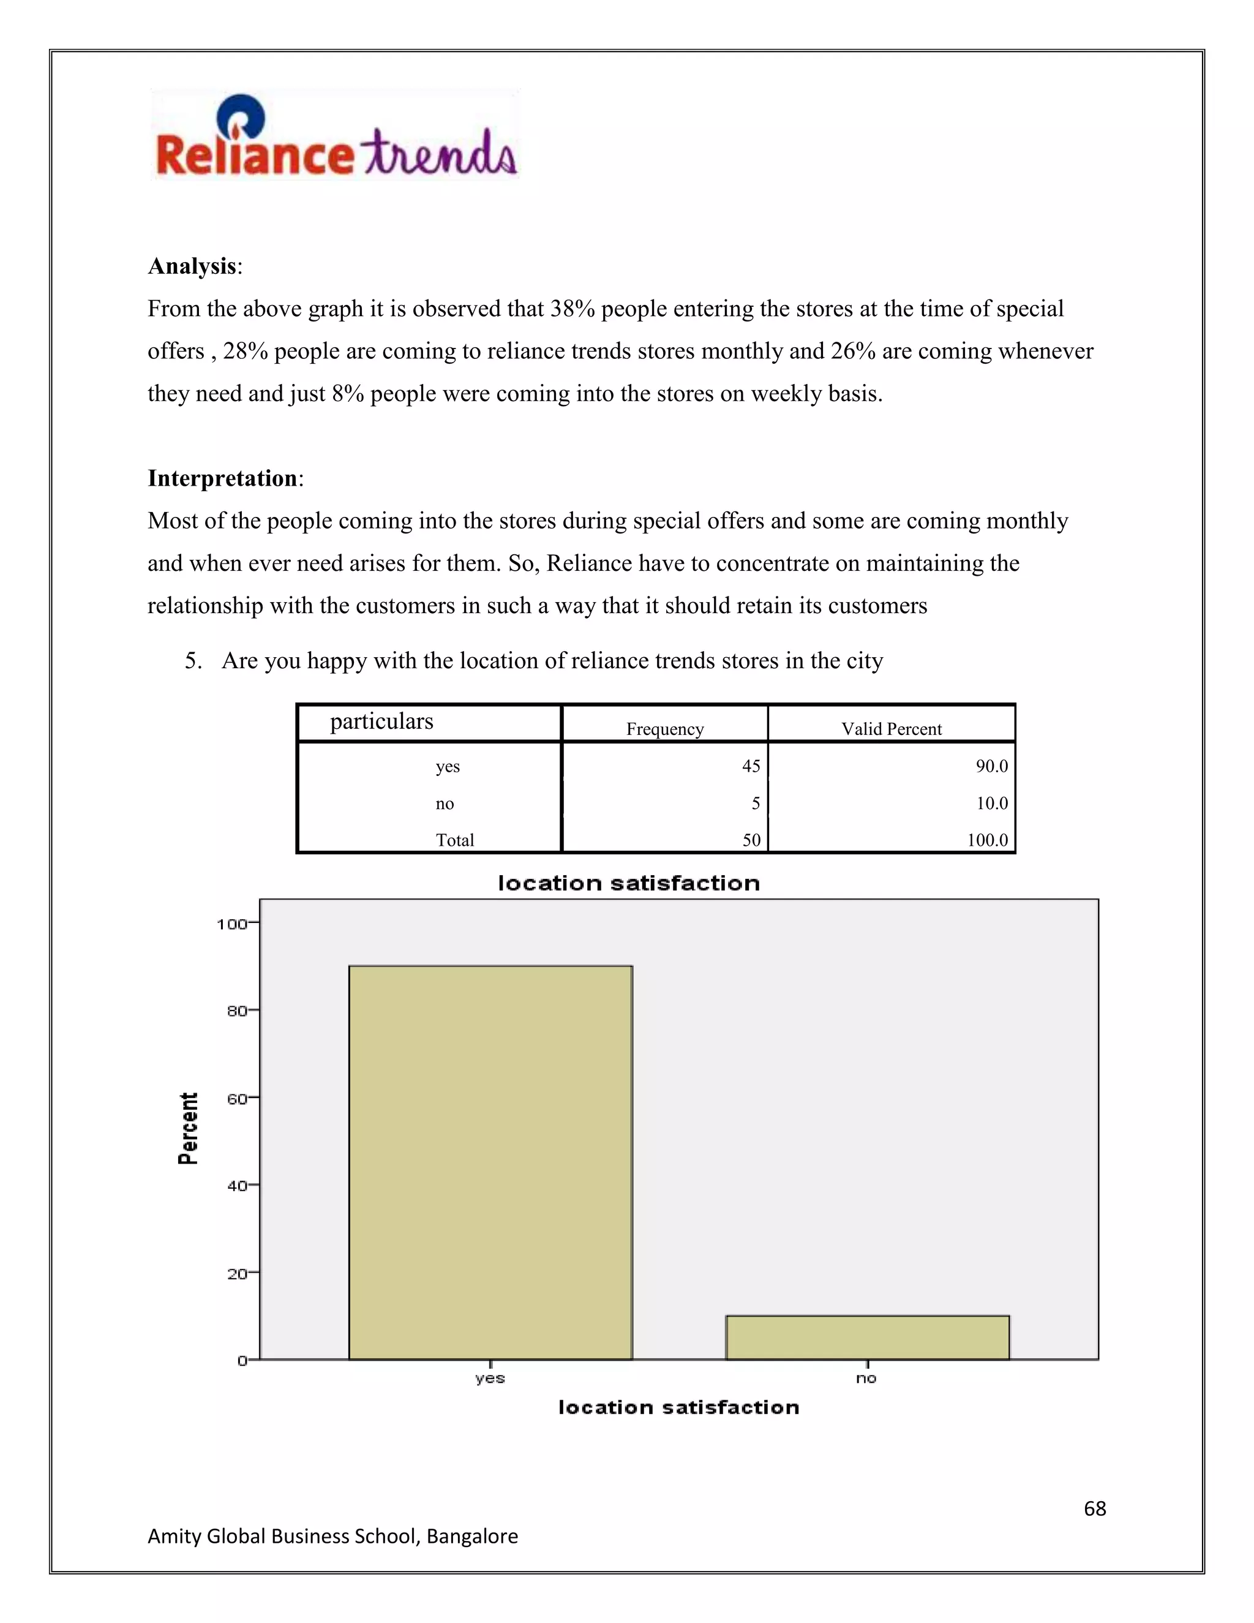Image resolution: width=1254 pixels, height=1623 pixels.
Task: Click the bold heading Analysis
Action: tap(192, 266)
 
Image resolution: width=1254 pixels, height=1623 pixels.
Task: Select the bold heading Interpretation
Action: tap(223, 478)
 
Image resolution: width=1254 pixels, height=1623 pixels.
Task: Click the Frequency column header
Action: tap(665, 729)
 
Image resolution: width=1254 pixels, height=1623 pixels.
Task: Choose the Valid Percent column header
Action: tap(891, 729)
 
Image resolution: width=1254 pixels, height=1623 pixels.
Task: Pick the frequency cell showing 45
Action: tap(751, 766)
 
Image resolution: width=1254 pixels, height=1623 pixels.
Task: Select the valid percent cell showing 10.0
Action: tap(992, 804)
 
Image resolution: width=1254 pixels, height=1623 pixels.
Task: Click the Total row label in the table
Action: tap(455, 840)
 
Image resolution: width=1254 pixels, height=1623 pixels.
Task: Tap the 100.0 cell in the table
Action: tap(987, 840)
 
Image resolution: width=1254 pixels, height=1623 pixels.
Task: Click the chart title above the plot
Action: tap(628, 883)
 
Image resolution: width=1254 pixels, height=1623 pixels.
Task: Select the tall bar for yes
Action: tap(490, 1162)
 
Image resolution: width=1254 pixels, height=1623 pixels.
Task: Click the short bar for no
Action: tap(867, 1338)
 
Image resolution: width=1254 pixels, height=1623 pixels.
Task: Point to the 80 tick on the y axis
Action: tap(237, 1011)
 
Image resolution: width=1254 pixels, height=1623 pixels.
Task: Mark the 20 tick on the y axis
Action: tap(237, 1274)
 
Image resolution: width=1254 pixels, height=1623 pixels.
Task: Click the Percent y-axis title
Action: tap(189, 1128)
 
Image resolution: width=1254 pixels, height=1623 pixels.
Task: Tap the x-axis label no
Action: tap(866, 1379)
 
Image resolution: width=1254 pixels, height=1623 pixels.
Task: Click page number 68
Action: tap(1094, 1508)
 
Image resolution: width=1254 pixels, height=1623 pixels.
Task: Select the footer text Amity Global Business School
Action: tap(332, 1536)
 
